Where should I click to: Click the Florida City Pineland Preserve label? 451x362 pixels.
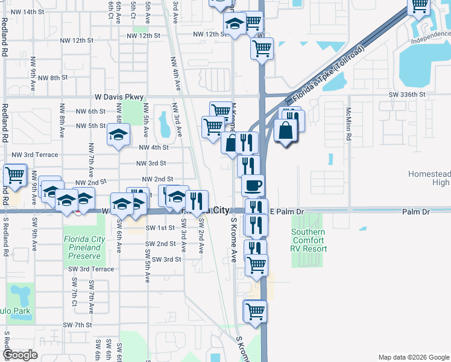(x=84, y=247)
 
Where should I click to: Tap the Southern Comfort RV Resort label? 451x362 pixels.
(x=309, y=240)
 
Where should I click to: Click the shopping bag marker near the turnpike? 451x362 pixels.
(x=285, y=131)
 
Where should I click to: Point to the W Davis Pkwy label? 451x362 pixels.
(x=119, y=97)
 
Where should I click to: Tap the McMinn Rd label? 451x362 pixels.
(x=348, y=124)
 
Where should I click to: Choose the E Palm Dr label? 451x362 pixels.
(x=289, y=211)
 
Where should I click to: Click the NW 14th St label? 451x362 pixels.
(x=27, y=11)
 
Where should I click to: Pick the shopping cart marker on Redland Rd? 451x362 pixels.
(x=14, y=176)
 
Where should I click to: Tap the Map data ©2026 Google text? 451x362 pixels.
(x=413, y=357)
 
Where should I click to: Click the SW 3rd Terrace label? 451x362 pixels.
(x=87, y=269)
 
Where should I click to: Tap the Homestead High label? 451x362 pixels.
(x=429, y=178)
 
